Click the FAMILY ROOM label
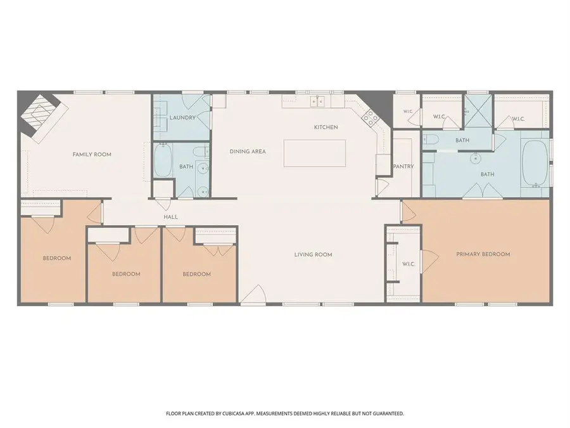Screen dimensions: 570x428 pyautogui.click(x=92, y=154)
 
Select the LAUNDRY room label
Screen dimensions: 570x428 pyautogui.click(x=182, y=117)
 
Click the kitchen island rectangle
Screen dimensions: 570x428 pyautogui.click(x=314, y=153)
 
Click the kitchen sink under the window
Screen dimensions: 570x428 pyautogui.click(x=317, y=101)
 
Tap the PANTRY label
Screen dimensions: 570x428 pyautogui.click(x=403, y=166)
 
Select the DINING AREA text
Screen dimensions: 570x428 pyautogui.click(x=248, y=152)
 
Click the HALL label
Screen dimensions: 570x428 pyautogui.click(x=170, y=217)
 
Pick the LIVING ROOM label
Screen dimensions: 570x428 pyautogui.click(x=313, y=255)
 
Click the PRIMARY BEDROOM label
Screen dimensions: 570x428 pyautogui.click(x=483, y=254)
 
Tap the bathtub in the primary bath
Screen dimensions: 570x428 pyautogui.click(x=535, y=164)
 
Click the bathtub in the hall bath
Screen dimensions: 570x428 pyautogui.click(x=163, y=160)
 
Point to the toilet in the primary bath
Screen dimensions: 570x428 pyautogui.click(x=429, y=139)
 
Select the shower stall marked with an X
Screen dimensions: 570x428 pyautogui.click(x=478, y=111)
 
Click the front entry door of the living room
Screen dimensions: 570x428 pyautogui.click(x=253, y=294)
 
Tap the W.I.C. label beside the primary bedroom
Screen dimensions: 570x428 pyautogui.click(x=408, y=264)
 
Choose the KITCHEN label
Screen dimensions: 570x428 pyautogui.click(x=326, y=127)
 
